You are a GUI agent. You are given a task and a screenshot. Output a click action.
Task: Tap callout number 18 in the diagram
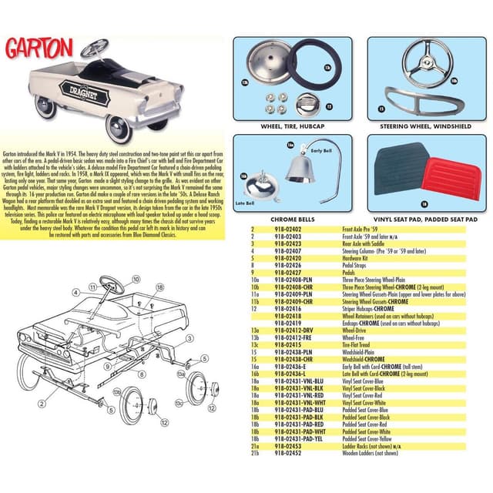click(x=159, y=286)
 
